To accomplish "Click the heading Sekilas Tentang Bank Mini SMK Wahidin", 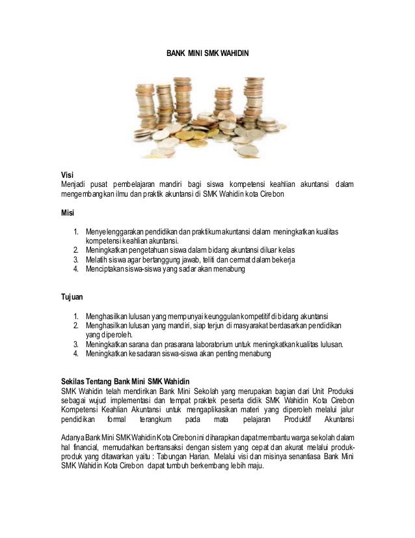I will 124,381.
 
